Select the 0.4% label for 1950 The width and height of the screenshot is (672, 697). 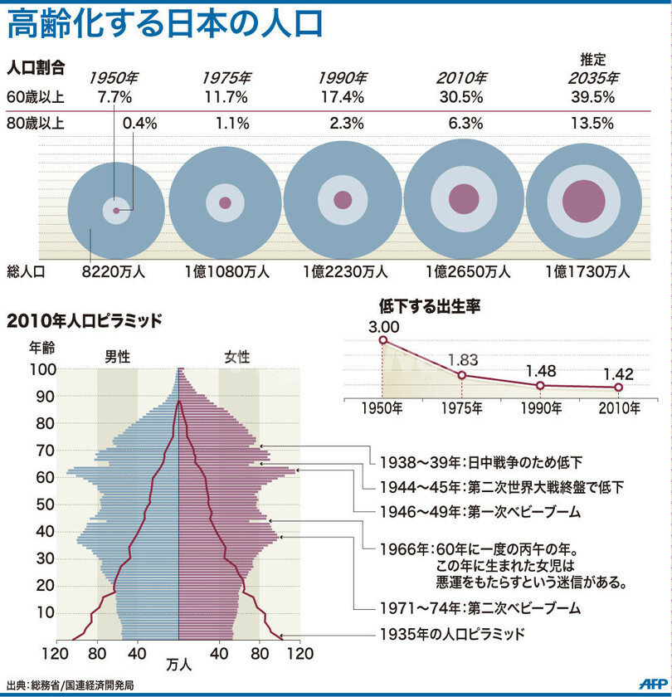click(139, 124)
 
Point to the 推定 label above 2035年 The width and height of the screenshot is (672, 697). click(593, 60)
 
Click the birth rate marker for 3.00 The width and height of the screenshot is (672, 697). click(383, 339)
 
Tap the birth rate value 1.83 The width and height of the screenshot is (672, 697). click(462, 360)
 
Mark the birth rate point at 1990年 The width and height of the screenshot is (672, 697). click(540, 385)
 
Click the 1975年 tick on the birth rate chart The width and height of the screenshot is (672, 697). click(462, 407)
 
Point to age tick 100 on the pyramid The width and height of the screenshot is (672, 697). click(42, 369)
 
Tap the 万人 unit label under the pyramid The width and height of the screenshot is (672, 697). click(178, 665)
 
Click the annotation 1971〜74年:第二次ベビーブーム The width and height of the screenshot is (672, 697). click(480, 608)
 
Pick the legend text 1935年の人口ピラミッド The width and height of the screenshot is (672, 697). click(452, 635)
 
